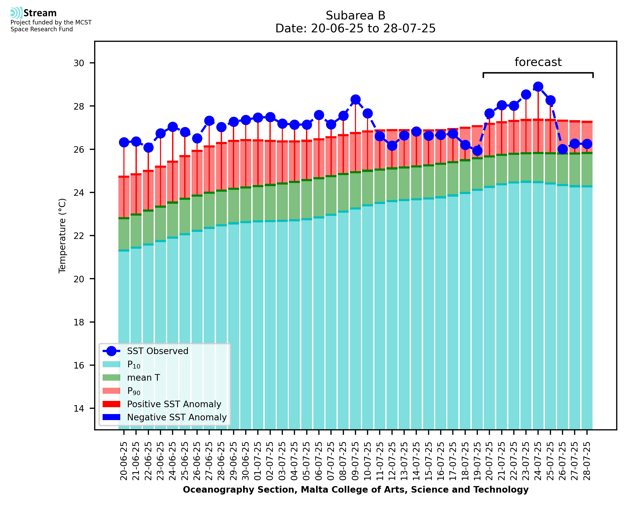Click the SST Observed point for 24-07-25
pos(538,87)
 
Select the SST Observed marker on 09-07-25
pos(355,99)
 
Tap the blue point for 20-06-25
pos(124,142)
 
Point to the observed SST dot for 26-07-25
pos(562,149)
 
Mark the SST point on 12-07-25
pos(392,146)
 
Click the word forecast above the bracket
pos(538,62)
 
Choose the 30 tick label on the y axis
pos(79,63)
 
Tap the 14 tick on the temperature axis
pos(79,409)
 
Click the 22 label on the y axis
pos(79,236)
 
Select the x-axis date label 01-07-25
pos(258,461)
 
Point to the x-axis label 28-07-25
pos(587,461)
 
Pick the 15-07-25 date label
pos(428,461)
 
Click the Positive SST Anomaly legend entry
pos(174,404)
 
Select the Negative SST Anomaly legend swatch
pos(112,417)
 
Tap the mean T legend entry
pos(143,378)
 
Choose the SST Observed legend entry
pos(158,351)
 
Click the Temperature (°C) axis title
pos(62,236)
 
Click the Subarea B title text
pos(355,16)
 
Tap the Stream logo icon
pos(16,13)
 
